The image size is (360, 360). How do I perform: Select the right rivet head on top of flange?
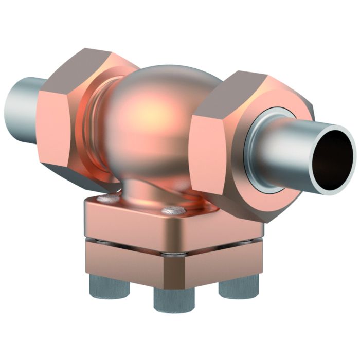172,210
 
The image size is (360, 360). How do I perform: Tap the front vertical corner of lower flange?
163,273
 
